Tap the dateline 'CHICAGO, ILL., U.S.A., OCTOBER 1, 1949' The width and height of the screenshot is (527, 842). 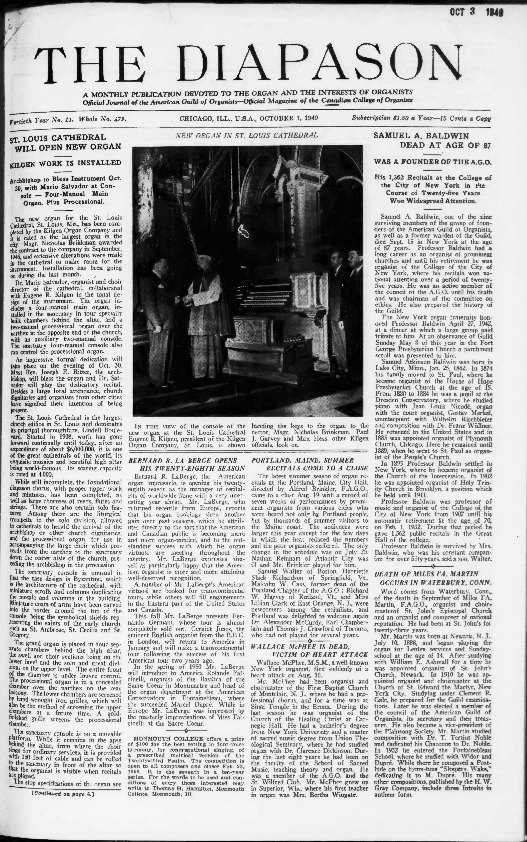click(x=249, y=118)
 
